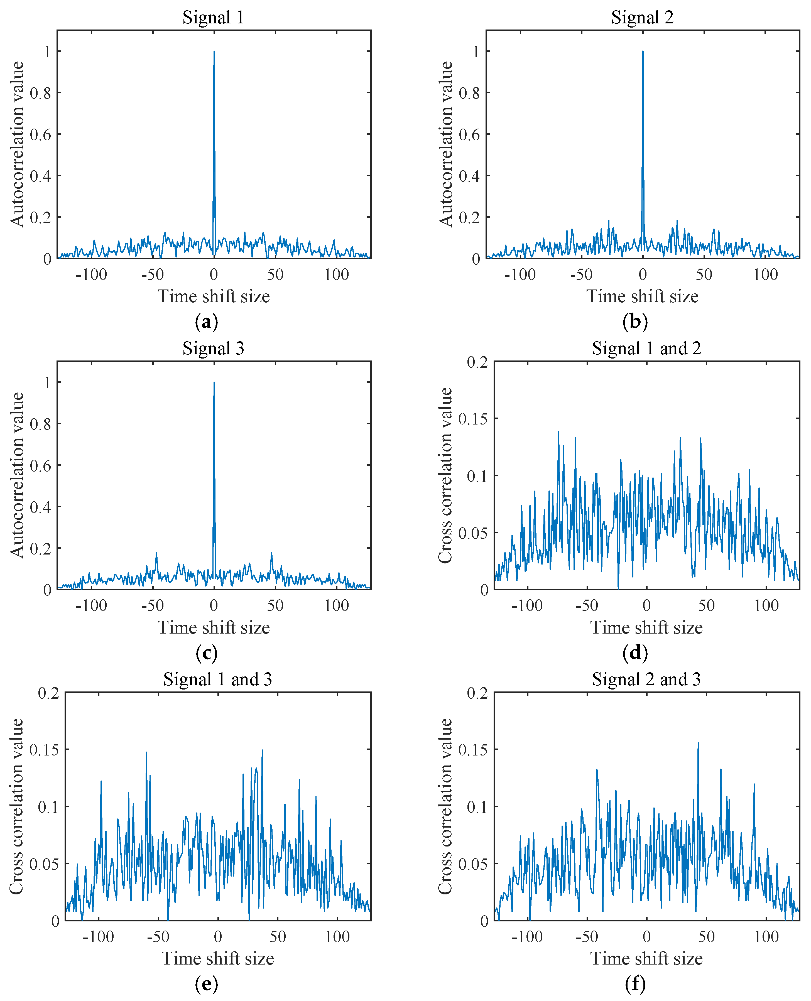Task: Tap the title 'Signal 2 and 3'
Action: pyautogui.click(x=646, y=679)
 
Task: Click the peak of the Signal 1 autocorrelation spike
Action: pyautogui.click(x=214, y=51)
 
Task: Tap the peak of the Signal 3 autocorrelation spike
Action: pyautogui.click(x=214, y=382)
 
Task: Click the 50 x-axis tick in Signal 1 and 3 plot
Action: pyautogui.click(x=278, y=936)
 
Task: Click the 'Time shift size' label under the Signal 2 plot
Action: pyautogui.click(x=642, y=296)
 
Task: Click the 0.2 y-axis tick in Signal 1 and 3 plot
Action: pyautogui.click(x=49, y=693)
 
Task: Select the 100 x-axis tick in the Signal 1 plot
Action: pyautogui.click(x=336, y=275)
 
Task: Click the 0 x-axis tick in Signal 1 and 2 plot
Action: pyautogui.click(x=646, y=605)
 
